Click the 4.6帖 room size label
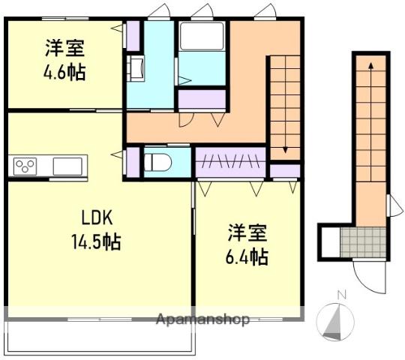click(64, 73)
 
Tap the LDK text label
click(97, 218)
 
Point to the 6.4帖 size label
click(247, 256)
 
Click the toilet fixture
click(158, 161)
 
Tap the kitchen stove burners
click(25, 166)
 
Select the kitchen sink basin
click(68, 165)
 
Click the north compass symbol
click(336, 321)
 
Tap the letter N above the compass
click(341, 295)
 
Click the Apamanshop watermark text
click(202, 319)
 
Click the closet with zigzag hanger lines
click(229, 160)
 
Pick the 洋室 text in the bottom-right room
click(247, 231)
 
